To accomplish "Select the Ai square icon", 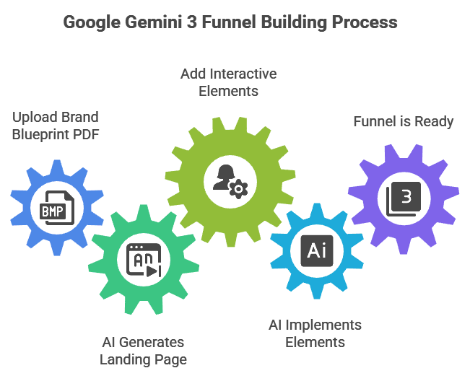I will point(316,250).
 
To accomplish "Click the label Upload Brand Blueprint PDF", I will point(55,125).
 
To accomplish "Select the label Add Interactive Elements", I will point(229,82).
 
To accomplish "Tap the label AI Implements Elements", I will point(315,333).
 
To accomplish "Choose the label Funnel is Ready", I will point(403,121).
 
